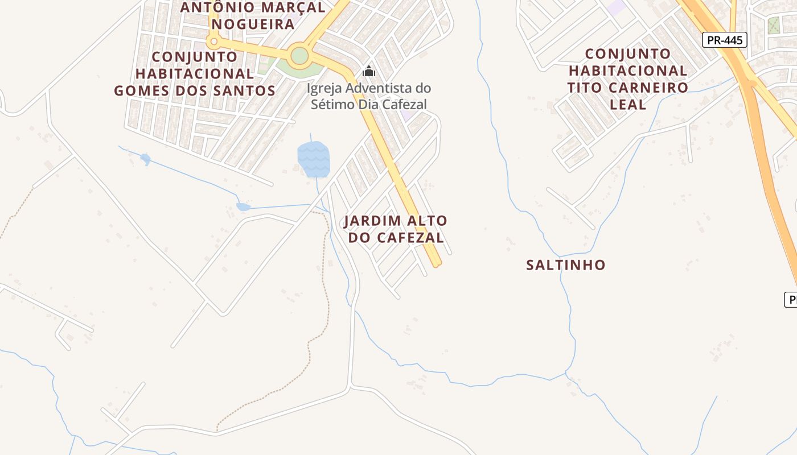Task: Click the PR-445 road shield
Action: (724, 40)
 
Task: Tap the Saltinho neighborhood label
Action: (565, 265)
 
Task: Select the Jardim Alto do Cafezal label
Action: (396, 229)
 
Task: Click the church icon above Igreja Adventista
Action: (369, 72)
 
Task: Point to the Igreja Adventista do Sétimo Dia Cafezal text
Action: (369, 96)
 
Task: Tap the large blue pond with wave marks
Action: (313, 159)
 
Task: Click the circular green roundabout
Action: (299, 56)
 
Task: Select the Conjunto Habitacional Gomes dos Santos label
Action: (195, 73)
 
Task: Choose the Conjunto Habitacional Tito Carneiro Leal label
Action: (628, 79)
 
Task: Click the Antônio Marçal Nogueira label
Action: (253, 16)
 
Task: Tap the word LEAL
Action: (628, 105)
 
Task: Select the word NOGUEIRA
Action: (253, 24)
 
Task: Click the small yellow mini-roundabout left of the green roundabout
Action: (214, 41)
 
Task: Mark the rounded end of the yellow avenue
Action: (437, 263)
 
